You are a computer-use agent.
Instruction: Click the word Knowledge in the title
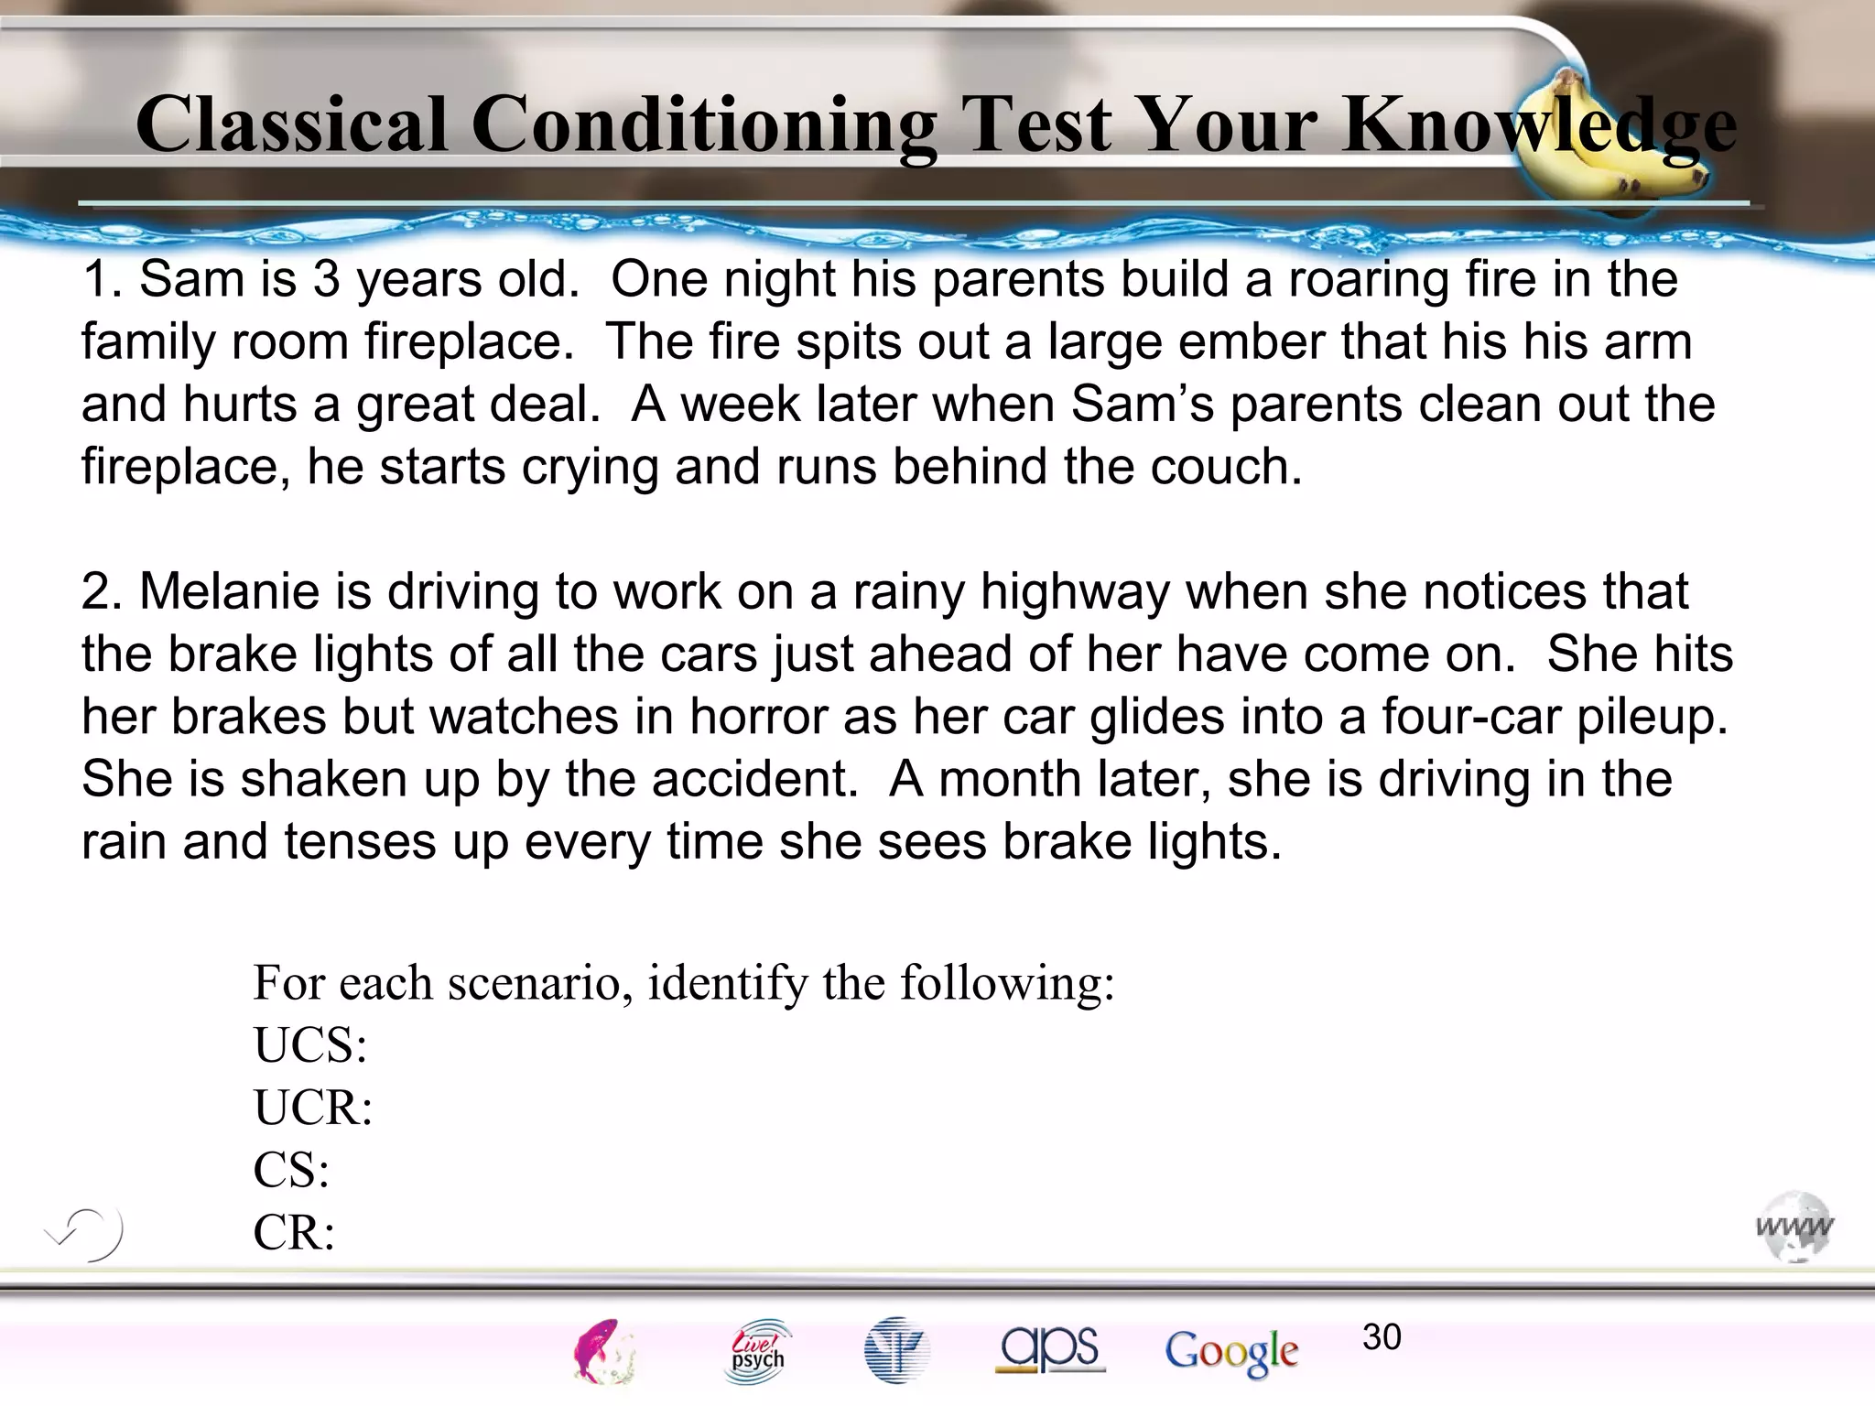tap(1538, 125)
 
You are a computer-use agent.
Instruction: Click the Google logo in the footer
tap(1231, 1351)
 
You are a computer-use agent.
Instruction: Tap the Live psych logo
tap(758, 1351)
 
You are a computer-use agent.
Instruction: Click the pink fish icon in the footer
tap(603, 1351)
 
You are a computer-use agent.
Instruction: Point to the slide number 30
tap(1382, 1337)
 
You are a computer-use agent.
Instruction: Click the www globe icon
tap(1794, 1227)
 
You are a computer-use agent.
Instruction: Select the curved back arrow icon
tap(85, 1233)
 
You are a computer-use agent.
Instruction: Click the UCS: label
tap(310, 1045)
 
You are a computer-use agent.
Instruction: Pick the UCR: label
tap(313, 1108)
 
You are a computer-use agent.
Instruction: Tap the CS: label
tap(291, 1170)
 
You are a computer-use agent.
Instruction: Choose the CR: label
tap(294, 1232)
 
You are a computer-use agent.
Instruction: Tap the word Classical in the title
tap(291, 125)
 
